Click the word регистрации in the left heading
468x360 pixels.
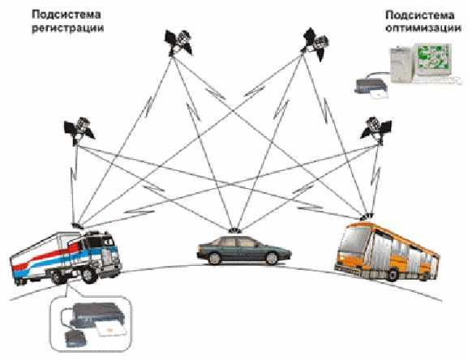tap(68, 28)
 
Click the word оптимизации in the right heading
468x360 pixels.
tap(423, 28)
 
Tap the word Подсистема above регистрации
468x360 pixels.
tap(66, 15)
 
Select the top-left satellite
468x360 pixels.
tap(178, 41)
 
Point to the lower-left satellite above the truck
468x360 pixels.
tap(79, 131)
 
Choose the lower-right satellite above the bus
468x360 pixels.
tap(376, 130)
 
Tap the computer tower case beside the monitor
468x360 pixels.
tap(401, 65)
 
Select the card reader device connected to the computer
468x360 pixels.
tap(371, 86)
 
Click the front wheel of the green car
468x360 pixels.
tap(272, 259)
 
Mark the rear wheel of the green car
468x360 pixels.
tap(214, 259)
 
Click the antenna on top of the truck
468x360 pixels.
tap(78, 225)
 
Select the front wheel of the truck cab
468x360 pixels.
tap(89, 276)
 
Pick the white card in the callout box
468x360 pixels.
tap(109, 331)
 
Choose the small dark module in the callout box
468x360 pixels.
tap(76, 339)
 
